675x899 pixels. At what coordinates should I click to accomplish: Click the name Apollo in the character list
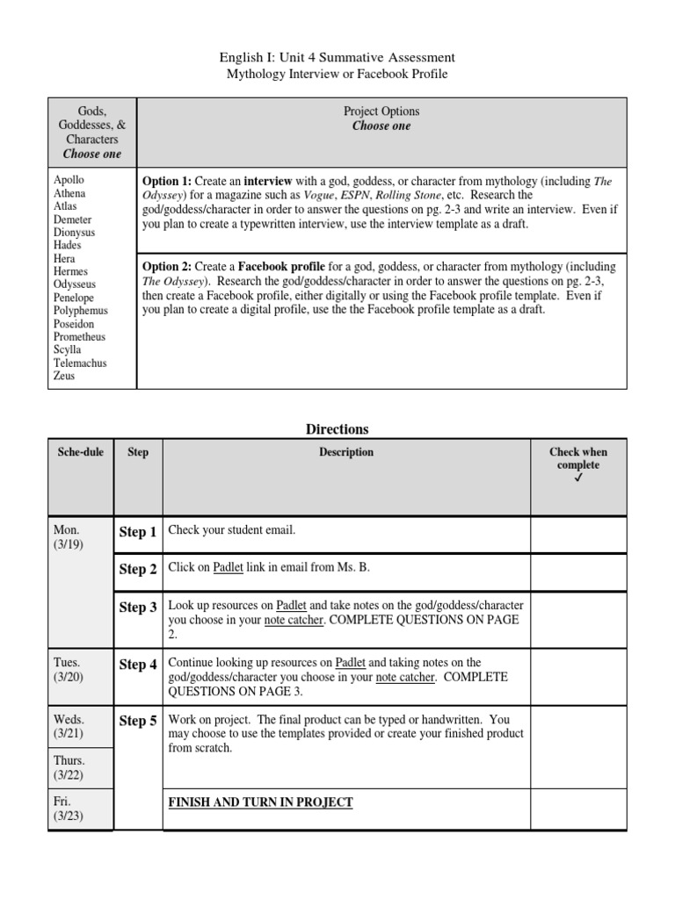[69, 180]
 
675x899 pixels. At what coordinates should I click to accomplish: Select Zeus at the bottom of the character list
[64, 376]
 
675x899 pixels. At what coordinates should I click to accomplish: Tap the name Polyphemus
[80, 311]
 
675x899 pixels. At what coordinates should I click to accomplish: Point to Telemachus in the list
[80, 363]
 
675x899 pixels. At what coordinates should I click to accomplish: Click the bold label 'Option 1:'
[167, 181]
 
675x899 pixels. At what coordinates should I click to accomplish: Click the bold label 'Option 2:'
[167, 267]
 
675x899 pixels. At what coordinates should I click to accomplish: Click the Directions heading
[337, 429]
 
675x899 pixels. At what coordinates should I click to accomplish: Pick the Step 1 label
[138, 532]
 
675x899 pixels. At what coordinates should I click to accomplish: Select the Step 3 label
[138, 608]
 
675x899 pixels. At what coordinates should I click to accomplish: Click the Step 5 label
[138, 721]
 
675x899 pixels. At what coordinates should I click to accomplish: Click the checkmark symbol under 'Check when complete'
[578, 478]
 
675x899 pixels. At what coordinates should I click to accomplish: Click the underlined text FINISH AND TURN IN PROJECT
[260, 802]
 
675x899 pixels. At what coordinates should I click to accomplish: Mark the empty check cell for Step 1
[578, 534]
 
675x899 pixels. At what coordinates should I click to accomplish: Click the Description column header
[346, 452]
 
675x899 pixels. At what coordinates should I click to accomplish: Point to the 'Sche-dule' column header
[81, 452]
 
